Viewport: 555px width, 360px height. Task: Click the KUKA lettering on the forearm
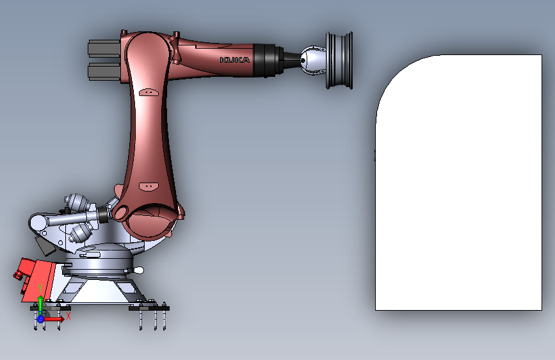pyautogui.click(x=235, y=60)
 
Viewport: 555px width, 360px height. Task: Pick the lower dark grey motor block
pyautogui.click(x=103, y=70)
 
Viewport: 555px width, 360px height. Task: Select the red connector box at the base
pyautogui.click(x=35, y=279)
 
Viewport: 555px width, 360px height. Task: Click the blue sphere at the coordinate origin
pyautogui.click(x=40, y=318)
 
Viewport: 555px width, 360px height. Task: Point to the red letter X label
pyautogui.click(x=68, y=315)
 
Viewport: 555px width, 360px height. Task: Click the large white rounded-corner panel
pyautogui.click(x=461, y=192)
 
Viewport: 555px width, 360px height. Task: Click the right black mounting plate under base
pyautogui.click(x=150, y=308)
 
